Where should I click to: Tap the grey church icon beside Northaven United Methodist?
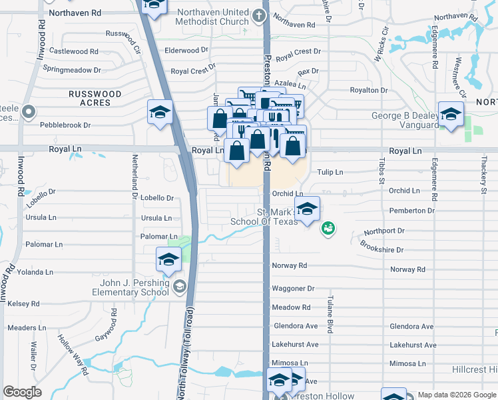tap(259, 15)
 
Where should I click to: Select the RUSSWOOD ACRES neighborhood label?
tap(95, 99)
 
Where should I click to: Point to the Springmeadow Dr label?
tap(71, 69)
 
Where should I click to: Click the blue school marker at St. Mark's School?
tap(307, 209)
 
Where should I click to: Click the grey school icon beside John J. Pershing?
tap(178, 287)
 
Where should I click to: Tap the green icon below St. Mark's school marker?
tap(328, 229)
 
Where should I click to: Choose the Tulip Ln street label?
tap(330, 172)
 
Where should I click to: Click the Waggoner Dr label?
tap(292, 289)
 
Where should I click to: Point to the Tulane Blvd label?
tap(329, 315)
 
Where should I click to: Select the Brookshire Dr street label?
tap(381, 249)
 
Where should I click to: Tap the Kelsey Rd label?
tap(23, 303)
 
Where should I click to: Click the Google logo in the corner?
tap(22, 392)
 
